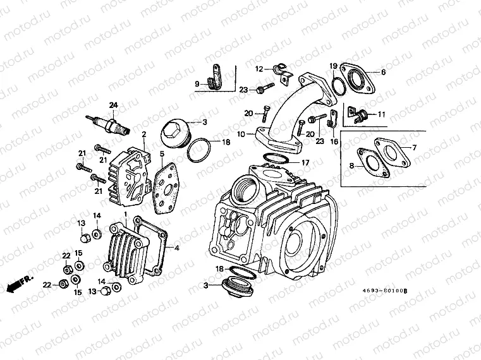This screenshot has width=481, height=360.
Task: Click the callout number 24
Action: pyautogui.click(x=114, y=104)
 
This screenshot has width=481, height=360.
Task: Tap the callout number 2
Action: pyautogui.click(x=144, y=134)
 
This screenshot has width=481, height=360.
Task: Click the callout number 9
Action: pyautogui.click(x=197, y=83)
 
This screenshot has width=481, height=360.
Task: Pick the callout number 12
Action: pyautogui.click(x=259, y=68)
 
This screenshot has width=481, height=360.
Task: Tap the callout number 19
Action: pyautogui.click(x=332, y=66)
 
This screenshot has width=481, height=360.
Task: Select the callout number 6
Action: pyautogui.click(x=382, y=72)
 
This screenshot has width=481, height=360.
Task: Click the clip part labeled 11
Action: pyautogui.click(x=363, y=116)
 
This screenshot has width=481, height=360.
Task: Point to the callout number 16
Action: pyautogui.click(x=334, y=141)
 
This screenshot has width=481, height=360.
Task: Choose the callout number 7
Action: pyautogui.click(x=415, y=147)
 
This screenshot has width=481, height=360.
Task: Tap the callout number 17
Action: pyautogui.click(x=307, y=163)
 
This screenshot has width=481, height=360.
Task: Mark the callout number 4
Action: pyautogui.click(x=176, y=248)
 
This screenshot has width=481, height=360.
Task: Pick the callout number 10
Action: pyautogui.click(x=240, y=135)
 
